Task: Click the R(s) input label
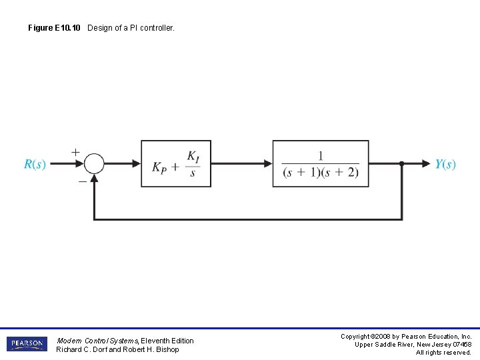(x=35, y=164)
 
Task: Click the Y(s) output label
(x=445, y=164)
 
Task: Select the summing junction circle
(x=95, y=163)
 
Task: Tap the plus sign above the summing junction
(x=75, y=152)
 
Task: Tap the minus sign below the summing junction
(x=82, y=181)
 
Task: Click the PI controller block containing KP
(x=175, y=163)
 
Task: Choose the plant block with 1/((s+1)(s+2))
(x=320, y=163)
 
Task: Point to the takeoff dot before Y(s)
(x=401, y=163)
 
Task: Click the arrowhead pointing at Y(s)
(x=426, y=163)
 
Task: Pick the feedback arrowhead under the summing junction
(x=95, y=177)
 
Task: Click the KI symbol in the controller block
(x=193, y=157)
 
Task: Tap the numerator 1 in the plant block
(x=320, y=155)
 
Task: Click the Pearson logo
(x=27, y=344)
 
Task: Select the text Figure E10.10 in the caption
(x=55, y=28)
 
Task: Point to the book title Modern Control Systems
(x=97, y=341)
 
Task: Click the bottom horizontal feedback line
(x=247, y=219)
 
